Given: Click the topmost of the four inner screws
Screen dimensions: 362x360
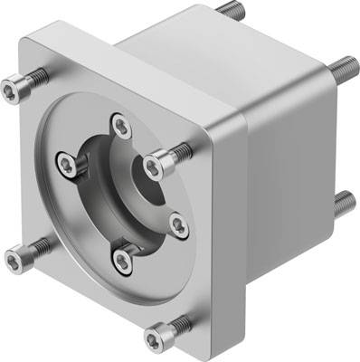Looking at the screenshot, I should (x=118, y=123).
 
